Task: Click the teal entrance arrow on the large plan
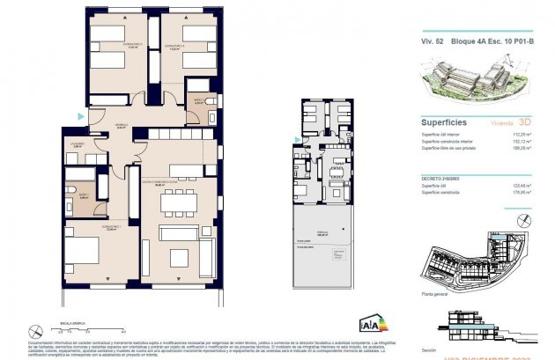click(82, 115)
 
